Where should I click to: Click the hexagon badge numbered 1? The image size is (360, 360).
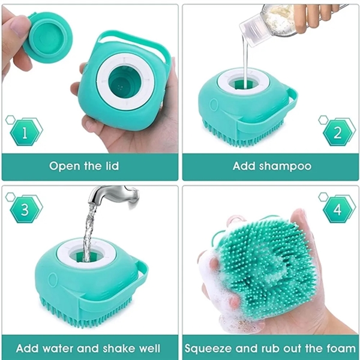pyautogui.click(x=25, y=132)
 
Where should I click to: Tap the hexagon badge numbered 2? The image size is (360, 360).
pyautogui.click(x=337, y=132)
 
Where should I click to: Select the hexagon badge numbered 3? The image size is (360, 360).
pyautogui.click(x=25, y=209)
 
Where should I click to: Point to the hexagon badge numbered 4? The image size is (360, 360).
pyautogui.click(x=337, y=209)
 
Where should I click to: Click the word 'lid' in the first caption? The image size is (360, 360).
pyautogui.click(x=112, y=166)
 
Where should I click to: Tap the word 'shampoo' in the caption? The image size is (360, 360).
pyautogui.click(x=285, y=166)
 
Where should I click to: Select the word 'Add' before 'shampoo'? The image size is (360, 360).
pyautogui.click(x=244, y=166)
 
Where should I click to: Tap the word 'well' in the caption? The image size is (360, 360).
pyautogui.click(x=149, y=348)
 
